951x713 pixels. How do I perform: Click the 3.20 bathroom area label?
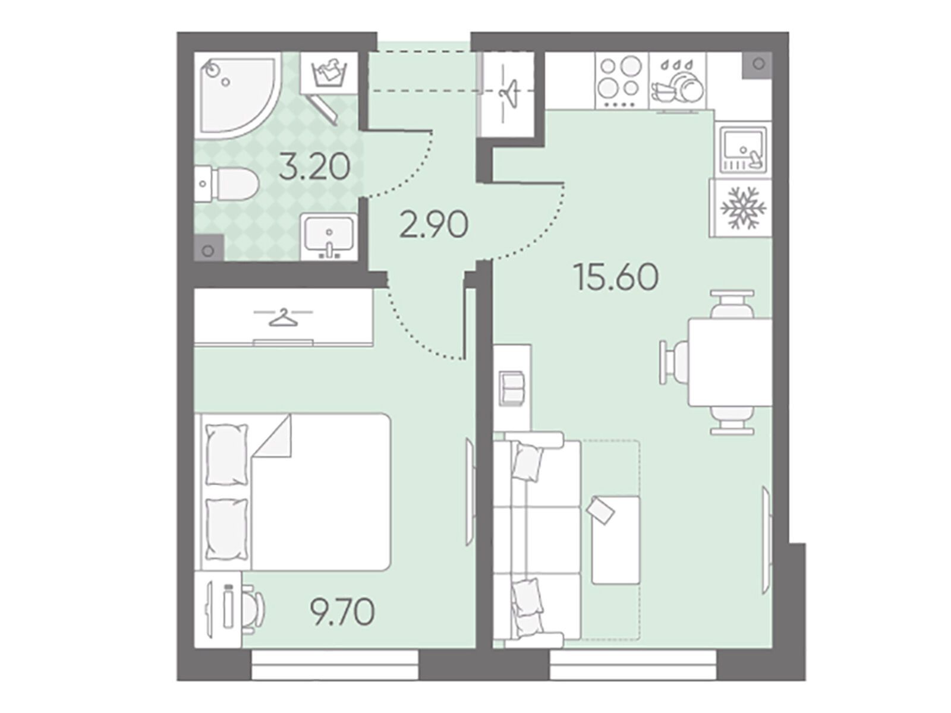click(x=314, y=167)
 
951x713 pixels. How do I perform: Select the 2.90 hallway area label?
click(x=434, y=225)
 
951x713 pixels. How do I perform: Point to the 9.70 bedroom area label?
click(x=342, y=613)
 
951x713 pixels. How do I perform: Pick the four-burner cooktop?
click(x=621, y=81)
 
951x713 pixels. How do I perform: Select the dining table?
click(x=730, y=362)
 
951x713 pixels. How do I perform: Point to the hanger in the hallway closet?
click(x=509, y=92)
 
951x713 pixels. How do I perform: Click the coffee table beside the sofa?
click(x=616, y=540)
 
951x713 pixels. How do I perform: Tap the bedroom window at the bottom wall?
click(x=335, y=673)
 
